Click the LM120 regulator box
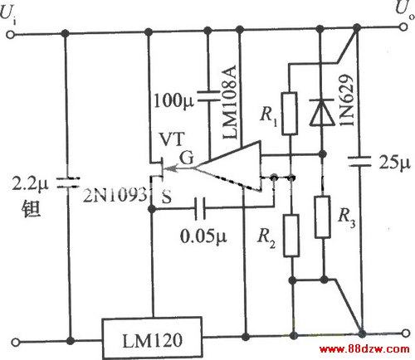152,338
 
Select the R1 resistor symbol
290,114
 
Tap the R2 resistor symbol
291,236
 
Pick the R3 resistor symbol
323,216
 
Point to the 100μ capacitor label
173,101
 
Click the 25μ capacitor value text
394,162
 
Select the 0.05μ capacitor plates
200,208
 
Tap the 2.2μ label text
30,183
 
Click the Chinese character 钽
31,209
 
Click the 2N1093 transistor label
115,194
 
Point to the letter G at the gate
187,158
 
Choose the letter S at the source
167,197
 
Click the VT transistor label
172,139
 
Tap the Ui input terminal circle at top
10,35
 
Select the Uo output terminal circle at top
403,27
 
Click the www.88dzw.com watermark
364,349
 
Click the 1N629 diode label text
346,100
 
